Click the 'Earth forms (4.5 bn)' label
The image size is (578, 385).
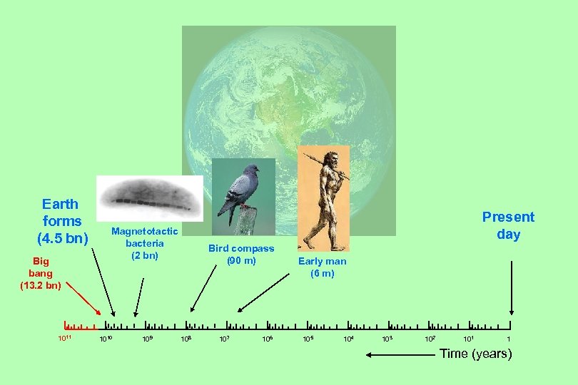tap(61, 221)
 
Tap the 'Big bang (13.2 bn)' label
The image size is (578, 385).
tap(41, 273)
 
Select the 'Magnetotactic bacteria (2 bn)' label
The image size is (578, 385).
tap(144, 243)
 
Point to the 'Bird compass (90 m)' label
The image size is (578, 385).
tap(241, 255)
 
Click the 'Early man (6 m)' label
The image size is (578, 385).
tap(323, 267)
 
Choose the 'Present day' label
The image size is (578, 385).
tap(508, 225)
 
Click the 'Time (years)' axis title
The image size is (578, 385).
tap(476, 354)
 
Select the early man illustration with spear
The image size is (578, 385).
tap(323, 198)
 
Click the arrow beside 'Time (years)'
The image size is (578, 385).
tap(399, 354)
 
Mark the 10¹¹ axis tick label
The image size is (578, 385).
tap(65, 337)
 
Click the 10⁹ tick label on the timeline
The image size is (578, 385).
tap(147, 337)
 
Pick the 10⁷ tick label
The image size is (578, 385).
tap(224, 337)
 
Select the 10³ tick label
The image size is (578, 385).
tap(388, 337)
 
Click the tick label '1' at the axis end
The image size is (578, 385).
tap(508, 337)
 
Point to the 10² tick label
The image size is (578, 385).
tap(430, 337)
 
